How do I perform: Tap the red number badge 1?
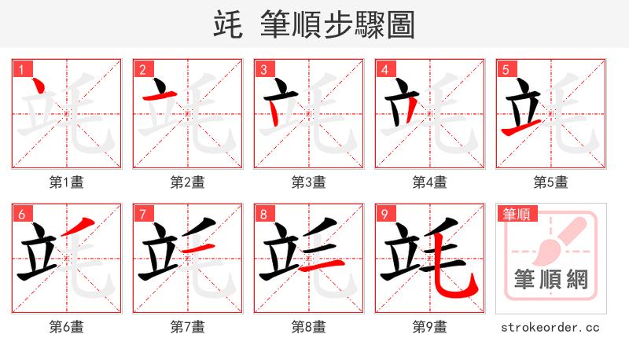[x=21, y=69]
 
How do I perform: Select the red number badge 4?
[x=384, y=69]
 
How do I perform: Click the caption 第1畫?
[x=67, y=182]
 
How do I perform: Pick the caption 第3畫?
[x=309, y=182]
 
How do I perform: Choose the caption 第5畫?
[x=551, y=182]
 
